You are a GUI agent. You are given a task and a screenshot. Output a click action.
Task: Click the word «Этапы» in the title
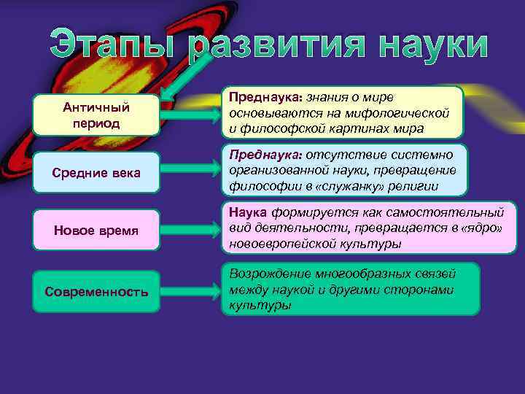(x=117, y=45)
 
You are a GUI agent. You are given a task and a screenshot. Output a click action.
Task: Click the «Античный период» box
(x=96, y=115)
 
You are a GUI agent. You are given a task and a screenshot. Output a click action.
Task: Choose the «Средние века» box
(x=96, y=172)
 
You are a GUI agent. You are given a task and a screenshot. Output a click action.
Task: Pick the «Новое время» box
(x=96, y=231)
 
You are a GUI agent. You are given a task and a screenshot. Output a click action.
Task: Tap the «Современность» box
(x=96, y=292)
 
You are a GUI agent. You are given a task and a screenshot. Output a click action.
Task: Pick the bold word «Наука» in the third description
(x=249, y=212)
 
